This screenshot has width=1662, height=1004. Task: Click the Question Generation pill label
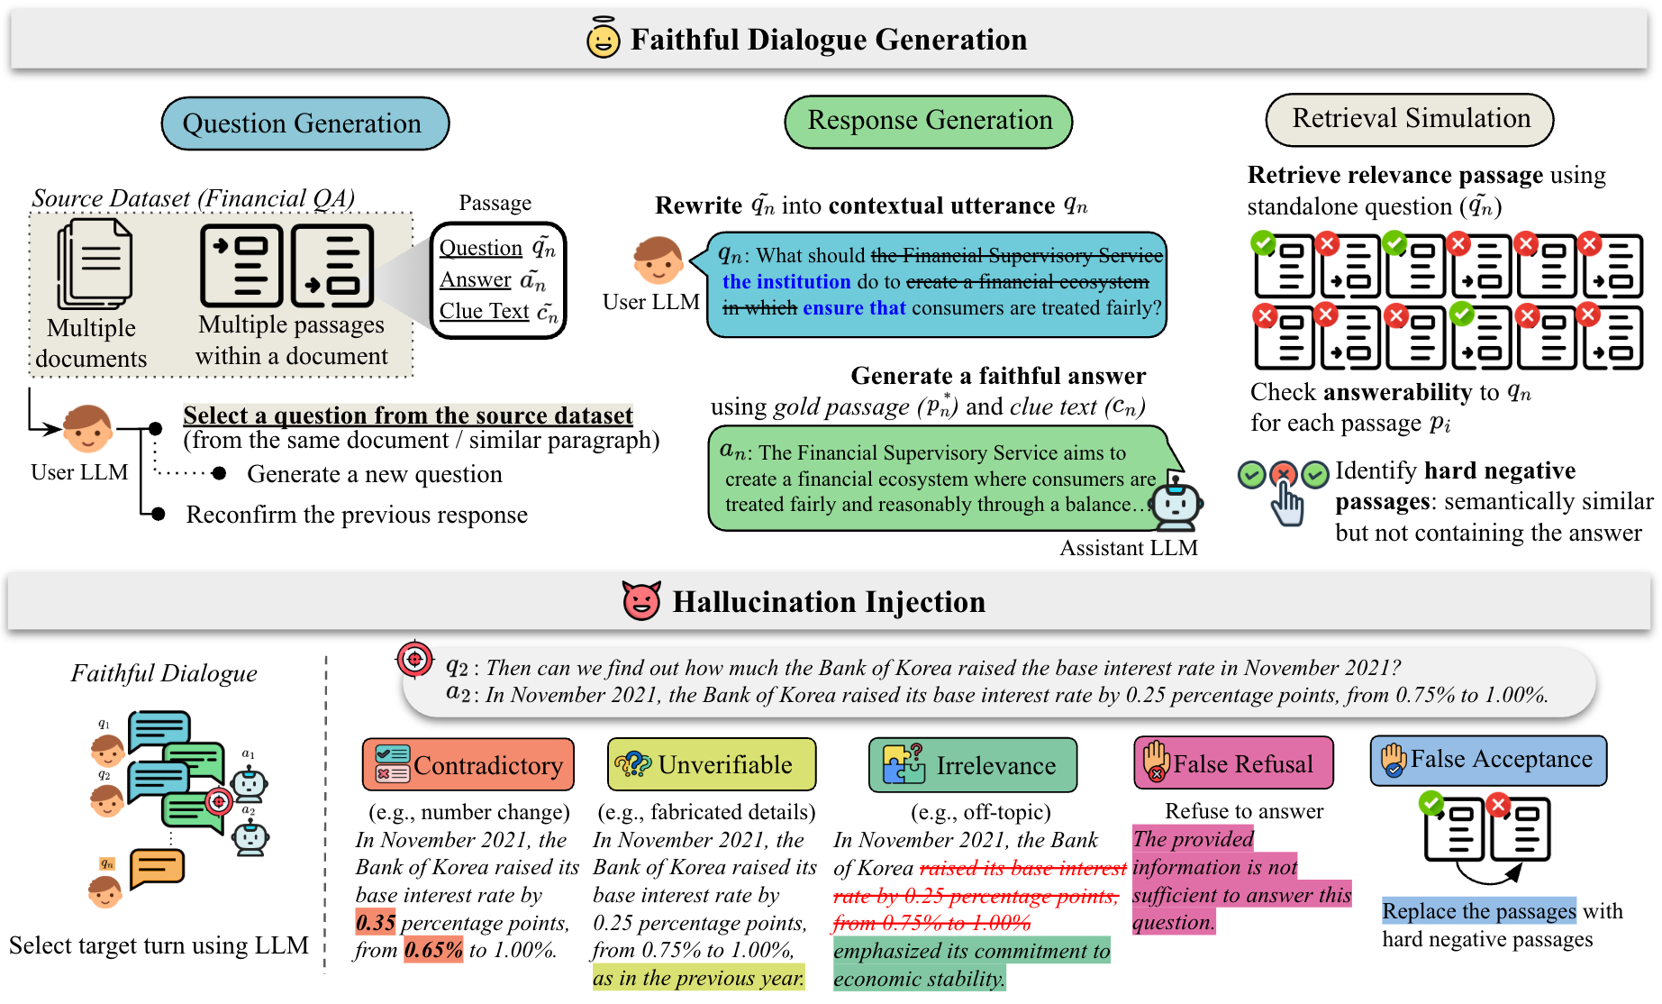click(x=304, y=123)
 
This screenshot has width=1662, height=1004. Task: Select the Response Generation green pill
click(x=929, y=122)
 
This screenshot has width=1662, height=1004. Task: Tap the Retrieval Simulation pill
click(x=1410, y=120)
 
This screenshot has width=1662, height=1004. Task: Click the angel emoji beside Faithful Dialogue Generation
click(x=603, y=38)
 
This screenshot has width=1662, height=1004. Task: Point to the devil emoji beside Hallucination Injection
click(x=641, y=600)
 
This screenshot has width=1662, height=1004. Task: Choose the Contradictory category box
click(x=468, y=764)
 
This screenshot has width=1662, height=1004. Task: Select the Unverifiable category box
click(x=712, y=764)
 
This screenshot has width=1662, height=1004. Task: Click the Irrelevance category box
click(x=973, y=764)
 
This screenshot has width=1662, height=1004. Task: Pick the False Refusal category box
click(x=1233, y=762)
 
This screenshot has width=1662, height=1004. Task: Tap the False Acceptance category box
click(x=1488, y=760)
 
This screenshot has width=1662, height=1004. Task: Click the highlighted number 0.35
click(x=376, y=922)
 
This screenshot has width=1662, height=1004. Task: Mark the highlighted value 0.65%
click(x=433, y=950)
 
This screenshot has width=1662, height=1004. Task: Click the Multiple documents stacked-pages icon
click(x=94, y=264)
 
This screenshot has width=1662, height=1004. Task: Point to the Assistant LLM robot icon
click(x=1176, y=500)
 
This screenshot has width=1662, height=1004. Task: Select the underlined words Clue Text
click(x=485, y=311)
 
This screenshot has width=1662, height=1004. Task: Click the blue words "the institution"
click(x=786, y=282)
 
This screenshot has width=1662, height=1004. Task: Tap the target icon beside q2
click(x=415, y=660)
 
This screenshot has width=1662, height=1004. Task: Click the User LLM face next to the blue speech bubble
click(x=657, y=260)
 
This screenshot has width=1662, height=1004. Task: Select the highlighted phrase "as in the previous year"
click(x=698, y=978)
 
